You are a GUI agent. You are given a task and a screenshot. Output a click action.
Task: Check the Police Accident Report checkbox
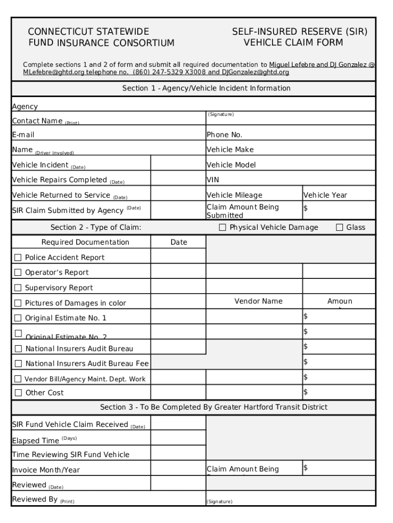(x=18, y=257)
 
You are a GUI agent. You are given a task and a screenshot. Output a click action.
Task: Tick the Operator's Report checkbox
(x=18, y=273)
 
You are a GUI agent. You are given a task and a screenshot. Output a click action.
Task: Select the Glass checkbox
(x=339, y=227)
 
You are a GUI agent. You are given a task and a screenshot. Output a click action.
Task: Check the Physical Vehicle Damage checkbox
(x=223, y=227)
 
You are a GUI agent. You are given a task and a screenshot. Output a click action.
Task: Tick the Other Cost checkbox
(x=18, y=393)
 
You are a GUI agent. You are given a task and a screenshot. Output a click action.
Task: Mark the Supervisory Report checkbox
(x=18, y=288)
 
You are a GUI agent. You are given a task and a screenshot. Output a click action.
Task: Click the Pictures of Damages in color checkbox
(x=18, y=303)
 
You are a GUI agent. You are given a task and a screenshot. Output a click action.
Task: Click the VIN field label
(x=212, y=180)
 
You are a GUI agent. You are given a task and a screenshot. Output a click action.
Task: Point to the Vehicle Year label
(x=325, y=195)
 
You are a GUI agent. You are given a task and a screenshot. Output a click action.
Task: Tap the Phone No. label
(x=224, y=135)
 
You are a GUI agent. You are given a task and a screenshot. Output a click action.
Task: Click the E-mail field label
(x=23, y=135)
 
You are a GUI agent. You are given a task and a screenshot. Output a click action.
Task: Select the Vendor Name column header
(x=258, y=301)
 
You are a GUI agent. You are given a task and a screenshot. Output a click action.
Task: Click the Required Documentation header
(x=85, y=242)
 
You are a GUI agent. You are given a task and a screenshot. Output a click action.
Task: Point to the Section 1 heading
(x=206, y=88)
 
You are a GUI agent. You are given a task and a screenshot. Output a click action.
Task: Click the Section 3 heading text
(x=213, y=407)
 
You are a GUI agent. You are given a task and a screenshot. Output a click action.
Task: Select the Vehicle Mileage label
(x=234, y=195)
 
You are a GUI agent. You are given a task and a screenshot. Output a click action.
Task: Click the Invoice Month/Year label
(x=45, y=470)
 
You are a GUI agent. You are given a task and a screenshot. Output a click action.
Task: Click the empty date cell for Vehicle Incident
(x=178, y=165)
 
